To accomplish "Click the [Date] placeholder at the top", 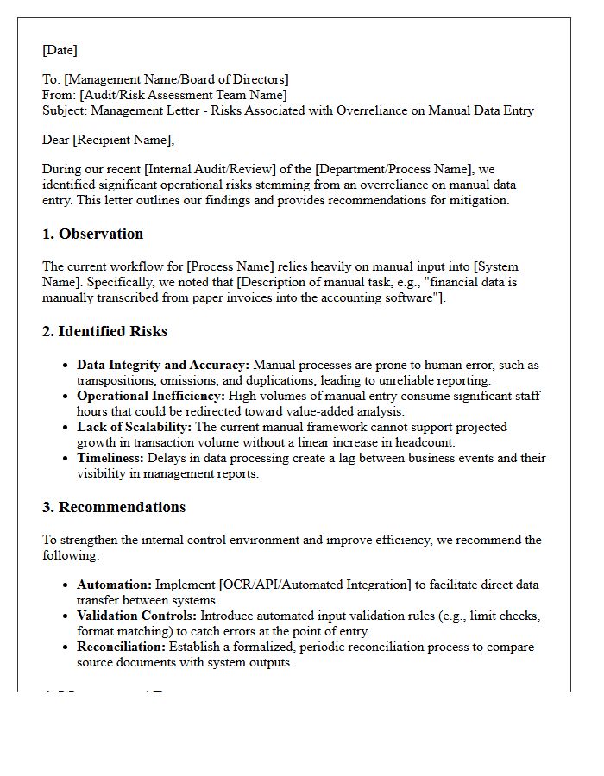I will tap(60, 50).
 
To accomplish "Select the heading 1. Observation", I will tap(93, 234).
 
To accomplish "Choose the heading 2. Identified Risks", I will tap(105, 331).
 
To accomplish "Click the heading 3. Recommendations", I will tap(114, 507).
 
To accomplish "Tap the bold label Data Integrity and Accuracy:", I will tap(163, 365).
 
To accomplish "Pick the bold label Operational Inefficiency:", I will tap(151, 396).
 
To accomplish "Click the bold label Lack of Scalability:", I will tap(135, 427).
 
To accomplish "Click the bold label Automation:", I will tap(114, 585).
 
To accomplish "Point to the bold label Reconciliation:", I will tap(121, 647).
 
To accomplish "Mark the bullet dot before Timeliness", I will tap(66, 459).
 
